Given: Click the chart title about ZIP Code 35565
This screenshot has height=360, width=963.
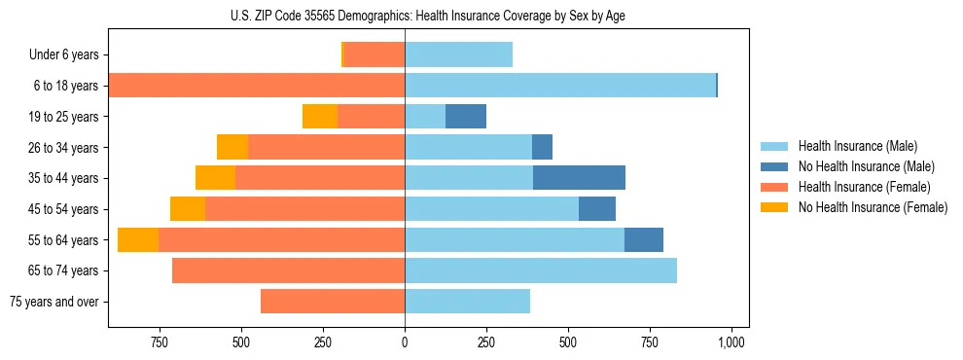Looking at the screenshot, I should (428, 15).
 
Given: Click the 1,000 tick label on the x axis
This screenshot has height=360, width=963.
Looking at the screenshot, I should (731, 342).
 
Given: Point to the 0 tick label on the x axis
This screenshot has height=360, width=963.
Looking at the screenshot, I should (405, 342).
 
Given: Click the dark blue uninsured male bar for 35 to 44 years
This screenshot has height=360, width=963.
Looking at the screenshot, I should (579, 178).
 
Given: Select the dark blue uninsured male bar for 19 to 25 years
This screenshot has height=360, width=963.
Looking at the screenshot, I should (466, 117).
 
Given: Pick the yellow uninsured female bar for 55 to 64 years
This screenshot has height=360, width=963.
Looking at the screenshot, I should (138, 239).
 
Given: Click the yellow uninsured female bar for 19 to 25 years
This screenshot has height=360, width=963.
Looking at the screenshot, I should (320, 117).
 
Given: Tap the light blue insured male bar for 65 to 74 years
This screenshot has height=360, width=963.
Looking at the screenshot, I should (541, 270).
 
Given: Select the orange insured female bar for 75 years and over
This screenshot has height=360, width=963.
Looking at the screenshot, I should (333, 302).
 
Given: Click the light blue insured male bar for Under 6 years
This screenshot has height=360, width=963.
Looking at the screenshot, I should (458, 55).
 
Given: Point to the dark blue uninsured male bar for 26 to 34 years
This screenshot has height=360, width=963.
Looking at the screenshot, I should (542, 147).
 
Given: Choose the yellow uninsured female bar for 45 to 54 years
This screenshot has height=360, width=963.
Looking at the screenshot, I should (188, 209).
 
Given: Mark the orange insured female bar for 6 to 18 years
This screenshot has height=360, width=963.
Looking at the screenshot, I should (257, 86).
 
